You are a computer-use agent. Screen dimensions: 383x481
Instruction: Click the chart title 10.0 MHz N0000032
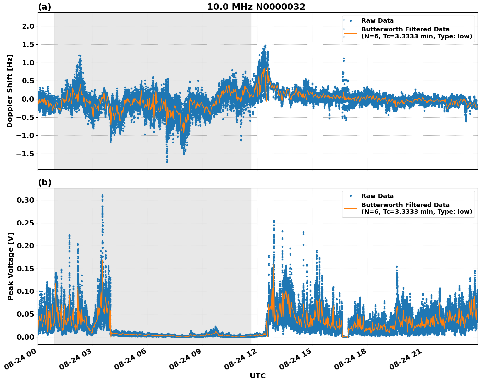click(x=256, y=7)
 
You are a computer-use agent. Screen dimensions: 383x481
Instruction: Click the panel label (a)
click(x=44, y=7)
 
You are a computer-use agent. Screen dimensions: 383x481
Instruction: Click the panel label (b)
click(x=44, y=182)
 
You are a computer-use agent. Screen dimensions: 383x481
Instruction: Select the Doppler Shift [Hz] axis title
click(x=10, y=91)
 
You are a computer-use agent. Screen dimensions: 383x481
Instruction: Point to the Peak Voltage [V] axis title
click(x=11, y=266)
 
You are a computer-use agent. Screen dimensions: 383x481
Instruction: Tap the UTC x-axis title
click(x=257, y=376)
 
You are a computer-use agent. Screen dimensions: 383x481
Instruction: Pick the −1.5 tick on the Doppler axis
click(x=25, y=154)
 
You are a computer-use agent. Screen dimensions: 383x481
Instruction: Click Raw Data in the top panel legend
click(x=377, y=21)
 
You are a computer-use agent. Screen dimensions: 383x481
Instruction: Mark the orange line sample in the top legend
click(x=350, y=33)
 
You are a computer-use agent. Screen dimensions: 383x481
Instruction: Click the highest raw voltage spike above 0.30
click(x=102, y=195)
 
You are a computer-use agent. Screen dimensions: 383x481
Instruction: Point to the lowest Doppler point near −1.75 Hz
click(x=167, y=162)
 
